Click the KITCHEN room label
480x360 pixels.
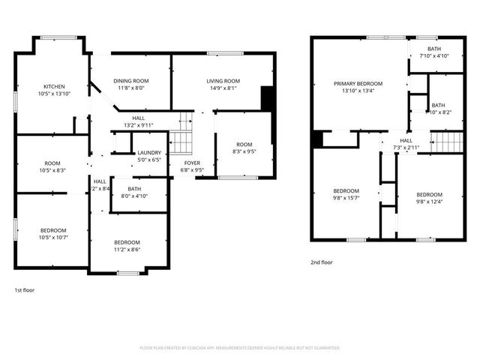[54, 86]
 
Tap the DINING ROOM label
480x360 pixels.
[131, 81]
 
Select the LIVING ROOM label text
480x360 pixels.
[223, 81]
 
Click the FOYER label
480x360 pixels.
[193, 162]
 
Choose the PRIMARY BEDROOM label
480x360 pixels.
[358, 83]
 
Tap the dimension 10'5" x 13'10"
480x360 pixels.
[54, 94]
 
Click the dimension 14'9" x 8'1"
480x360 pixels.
[223, 88]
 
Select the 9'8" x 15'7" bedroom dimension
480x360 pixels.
[346, 198]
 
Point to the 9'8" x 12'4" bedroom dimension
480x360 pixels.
[430, 202]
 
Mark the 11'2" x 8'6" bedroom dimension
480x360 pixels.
[127, 250]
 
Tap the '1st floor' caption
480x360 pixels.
[24, 289]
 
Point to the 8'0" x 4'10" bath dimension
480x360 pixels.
[135, 196]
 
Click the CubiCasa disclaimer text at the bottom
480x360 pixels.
[240, 348]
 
